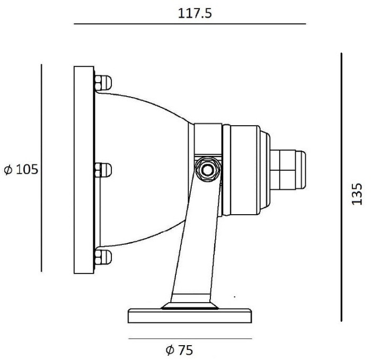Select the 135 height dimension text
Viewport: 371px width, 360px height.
click(358, 194)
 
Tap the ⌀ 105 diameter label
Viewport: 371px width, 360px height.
click(21, 170)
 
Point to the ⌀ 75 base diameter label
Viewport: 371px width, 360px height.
click(179, 350)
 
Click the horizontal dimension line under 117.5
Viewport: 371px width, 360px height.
click(190, 24)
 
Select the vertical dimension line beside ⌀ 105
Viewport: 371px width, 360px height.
click(41, 167)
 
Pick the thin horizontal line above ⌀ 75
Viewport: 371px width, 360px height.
click(190, 338)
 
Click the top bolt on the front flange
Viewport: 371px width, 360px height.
click(103, 82)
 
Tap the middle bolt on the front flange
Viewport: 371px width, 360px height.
click(103, 170)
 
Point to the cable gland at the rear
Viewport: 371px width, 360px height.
click(289, 169)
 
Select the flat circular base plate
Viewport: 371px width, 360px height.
click(190, 316)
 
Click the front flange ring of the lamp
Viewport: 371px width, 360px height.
click(84, 170)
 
